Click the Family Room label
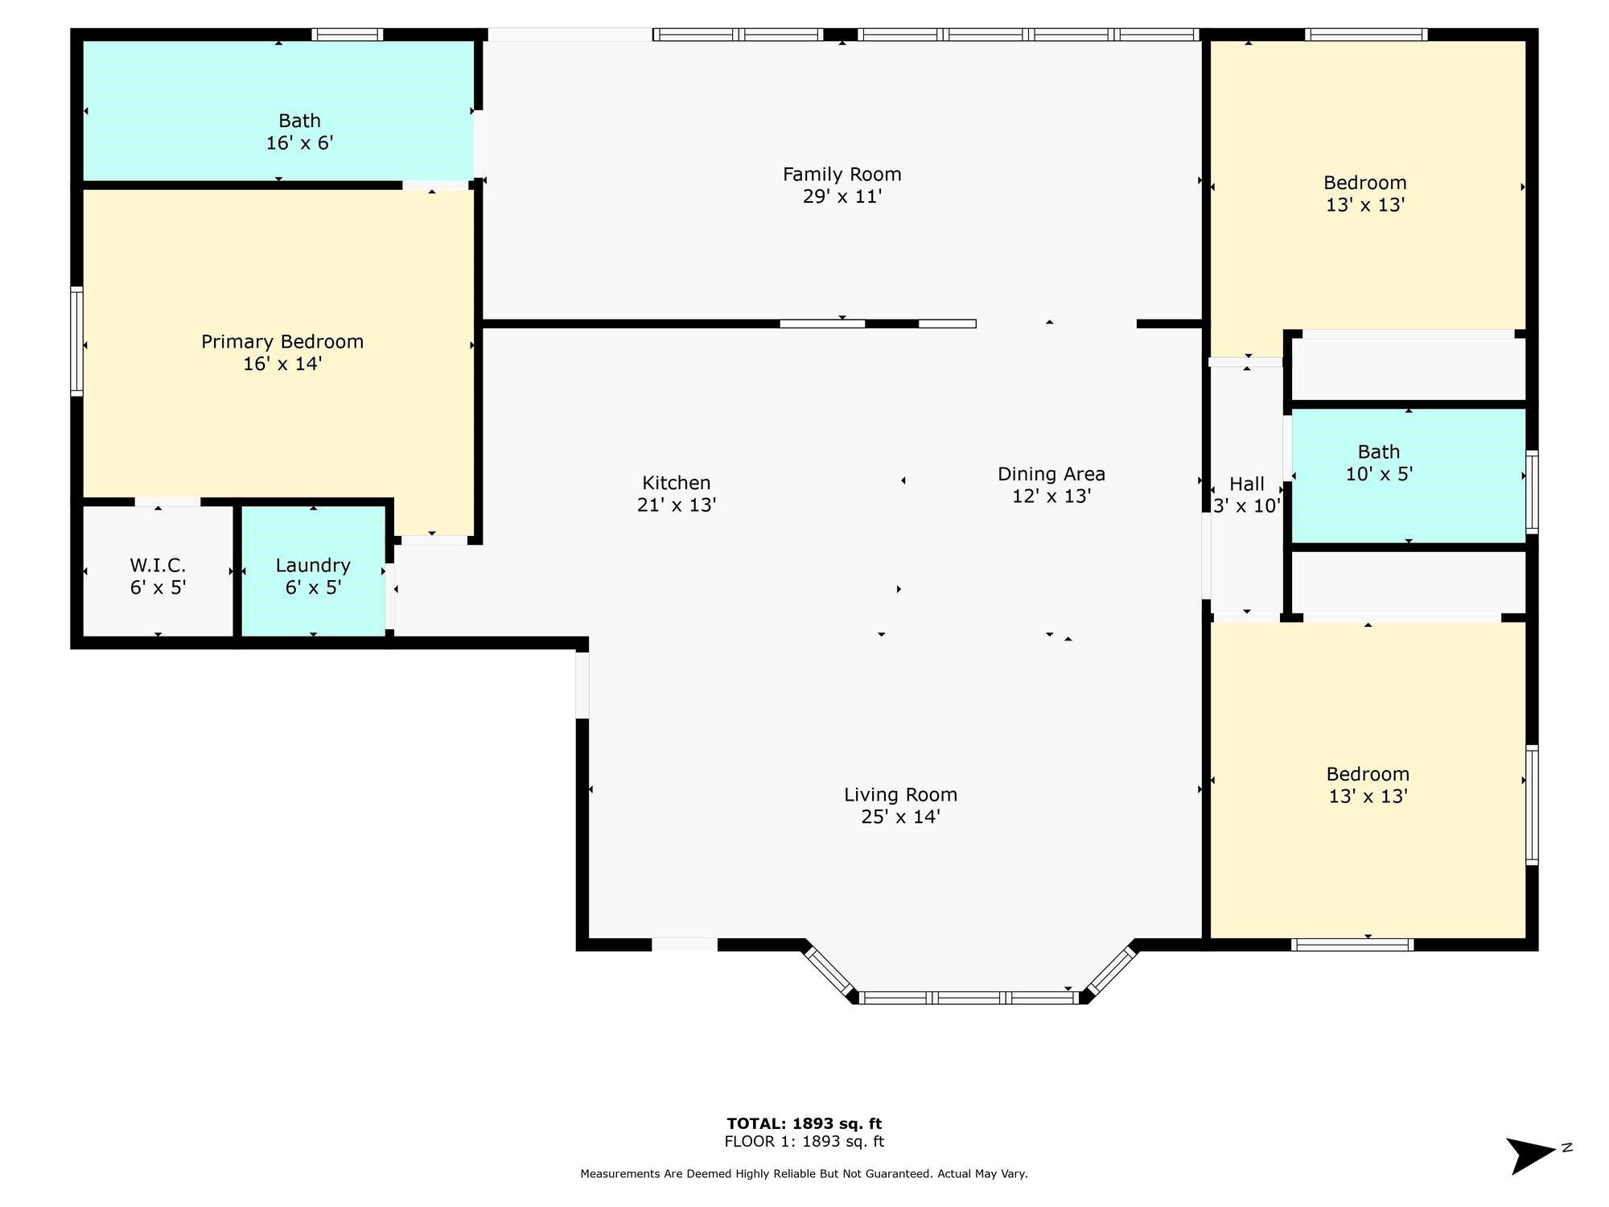click(x=842, y=175)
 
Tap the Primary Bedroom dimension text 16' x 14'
click(x=282, y=364)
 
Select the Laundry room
click(x=313, y=571)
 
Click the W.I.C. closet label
click(x=158, y=565)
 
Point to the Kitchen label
click(x=677, y=483)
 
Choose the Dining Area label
click(x=1051, y=474)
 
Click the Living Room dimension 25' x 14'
click(x=900, y=817)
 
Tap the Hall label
click(x=1247, y=484)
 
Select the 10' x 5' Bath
click(x=1409, y=476)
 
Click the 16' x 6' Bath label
click(x=299, y=121)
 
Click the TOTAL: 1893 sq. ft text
click(x=804, y=1124)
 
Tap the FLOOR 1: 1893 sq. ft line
click(x=804, y=1142)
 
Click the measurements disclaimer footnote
click(x=804, y=1174)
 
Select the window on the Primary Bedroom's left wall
click(x=77, y=341)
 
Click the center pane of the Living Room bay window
click(x=969, y=998)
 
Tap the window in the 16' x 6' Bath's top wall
click(x=347, y=35)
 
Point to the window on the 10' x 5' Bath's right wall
click(x=1532, y=492)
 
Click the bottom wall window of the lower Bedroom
click(x=1352, y=945)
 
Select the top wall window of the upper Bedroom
click(x=1366, y=35)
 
